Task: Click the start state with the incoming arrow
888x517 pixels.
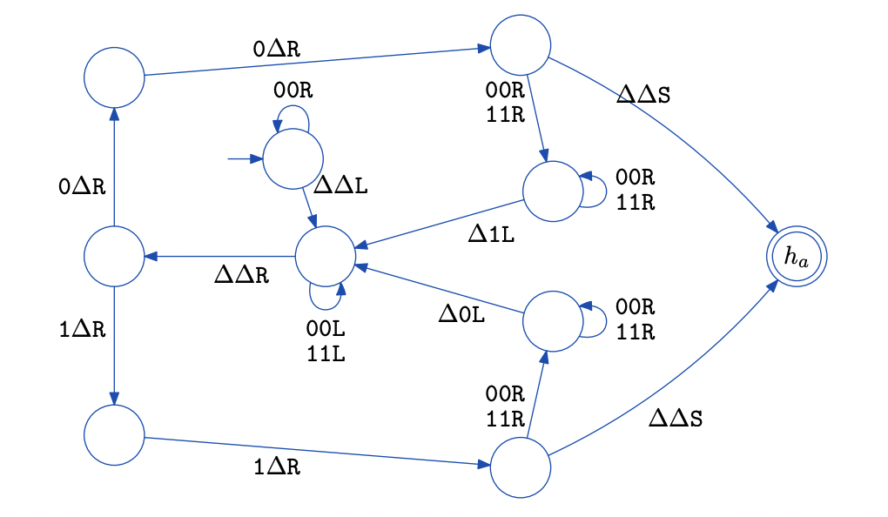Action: pyautogui.click(x=293, y=159)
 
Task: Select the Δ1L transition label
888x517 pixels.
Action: pyautogui.click(x=491, y=235)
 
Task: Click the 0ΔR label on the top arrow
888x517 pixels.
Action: pyautogui.click(x=277, y=49)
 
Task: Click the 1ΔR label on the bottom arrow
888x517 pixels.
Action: pyautogui.click(x=277, y=467)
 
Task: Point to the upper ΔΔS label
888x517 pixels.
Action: pyautogui.click(x=642, y=95)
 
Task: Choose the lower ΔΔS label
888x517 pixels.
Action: pyautogui.click(x=676, y=418)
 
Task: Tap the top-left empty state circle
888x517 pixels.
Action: pyautogui.click(x=113, y=77)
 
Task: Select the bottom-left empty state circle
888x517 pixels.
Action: pyautogui.click(x=113, y=434)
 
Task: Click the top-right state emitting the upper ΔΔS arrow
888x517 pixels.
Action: pyautogui.click(x=521, y=46)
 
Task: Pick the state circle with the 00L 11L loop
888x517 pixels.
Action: pyautogui.click(x=325, y=256)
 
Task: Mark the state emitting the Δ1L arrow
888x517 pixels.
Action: pyautogui.click(x=552, y=191)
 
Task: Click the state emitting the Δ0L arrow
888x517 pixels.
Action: pyautogui.click(x=552, y=321)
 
